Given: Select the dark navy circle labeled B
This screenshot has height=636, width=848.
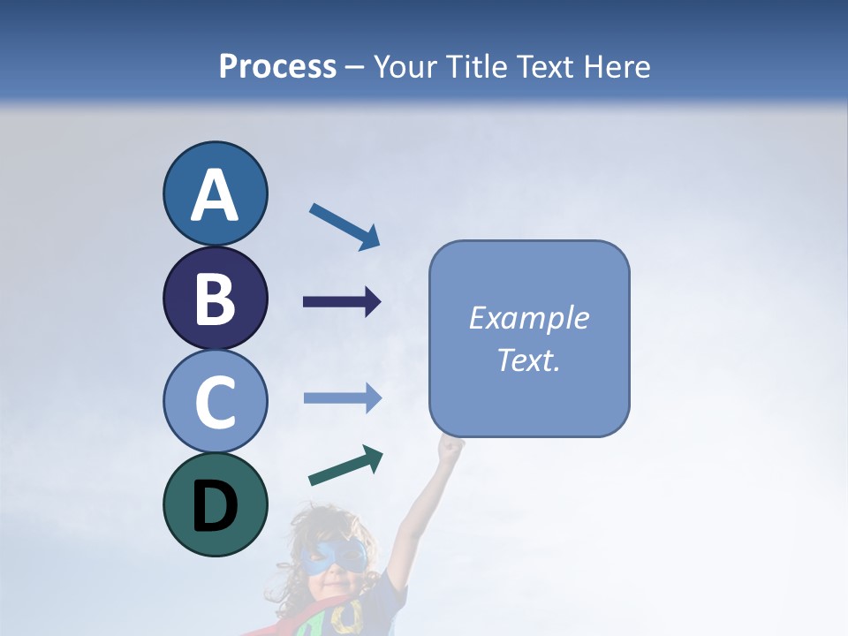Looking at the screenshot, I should [215, 298].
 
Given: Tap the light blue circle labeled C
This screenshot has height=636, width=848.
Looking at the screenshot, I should [215, 401].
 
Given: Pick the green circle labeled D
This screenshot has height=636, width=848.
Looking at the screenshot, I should [215, 504].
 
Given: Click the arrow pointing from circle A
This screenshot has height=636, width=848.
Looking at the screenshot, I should [344, 226].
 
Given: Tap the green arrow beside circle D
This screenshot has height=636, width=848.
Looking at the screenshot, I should [345, 466].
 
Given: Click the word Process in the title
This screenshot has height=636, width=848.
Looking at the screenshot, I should [277, 66].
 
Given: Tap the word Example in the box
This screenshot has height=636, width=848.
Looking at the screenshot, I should [528, 318].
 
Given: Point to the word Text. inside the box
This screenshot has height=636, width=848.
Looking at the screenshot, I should [528, 360].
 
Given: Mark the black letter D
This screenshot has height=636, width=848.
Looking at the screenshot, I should [215, 506].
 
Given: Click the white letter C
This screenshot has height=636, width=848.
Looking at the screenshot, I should [215, 403].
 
